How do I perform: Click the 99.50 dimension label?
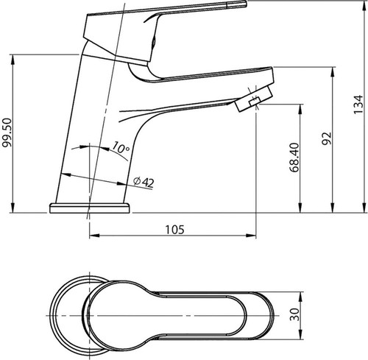coord(7,133)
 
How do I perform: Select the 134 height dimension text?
coord(358,104)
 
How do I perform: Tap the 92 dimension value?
coord(327,138)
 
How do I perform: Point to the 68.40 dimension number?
coord(294,158)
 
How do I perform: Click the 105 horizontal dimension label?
coord(174,230)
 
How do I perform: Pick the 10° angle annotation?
coord(120,148)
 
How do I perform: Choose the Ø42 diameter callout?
coord(144,182)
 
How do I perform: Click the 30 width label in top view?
coord(294,314)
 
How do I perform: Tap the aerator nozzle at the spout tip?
coord(254,98)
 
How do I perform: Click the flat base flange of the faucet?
coord(90,208)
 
